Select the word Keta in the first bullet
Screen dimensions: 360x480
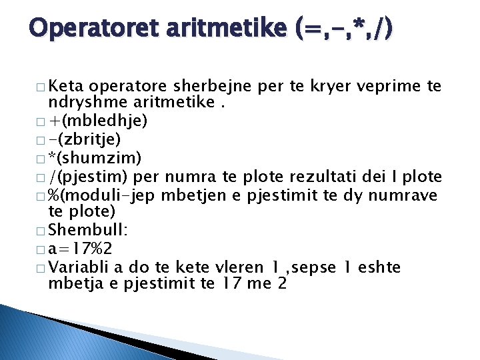pyautogui.click(x=66, y=87)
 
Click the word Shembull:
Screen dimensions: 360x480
pyautogui.click(x=81, y=230)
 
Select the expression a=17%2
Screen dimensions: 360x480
pyautogui.click(x=80, y=249)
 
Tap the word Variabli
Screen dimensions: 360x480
pyautogui.click(x=79, y=267)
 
